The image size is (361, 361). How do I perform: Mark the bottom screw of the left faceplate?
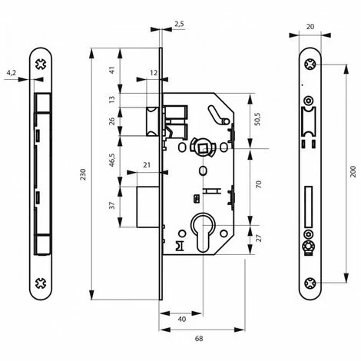coord(41,283)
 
